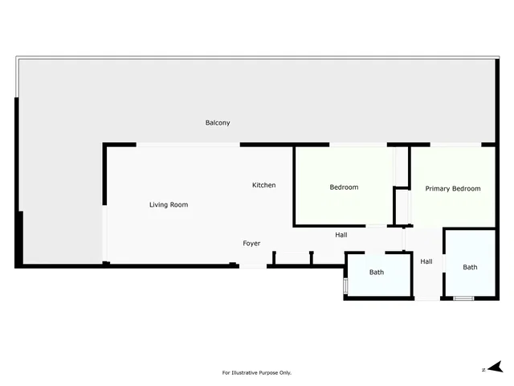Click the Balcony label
(x=218, y=123)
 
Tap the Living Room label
(x=169, y=205)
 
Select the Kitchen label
(x=264, y=185)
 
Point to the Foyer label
(x=251, y=243)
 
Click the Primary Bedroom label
(x=453, y=189)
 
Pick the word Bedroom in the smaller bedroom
(x=344, y=187)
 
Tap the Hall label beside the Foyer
(x=341, y=235)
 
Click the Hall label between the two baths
(x=426, y=261)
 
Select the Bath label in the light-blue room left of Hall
(x=377, y=272)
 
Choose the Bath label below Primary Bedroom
(x=470, y=267)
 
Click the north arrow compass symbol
(x=496, y=367)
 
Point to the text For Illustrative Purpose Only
(x=257, y=372)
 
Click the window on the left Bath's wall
(x=345, y=285)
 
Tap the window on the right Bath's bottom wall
(x=463, y=298)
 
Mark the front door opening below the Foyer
(x=253, y=266)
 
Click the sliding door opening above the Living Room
(x=188, y=145)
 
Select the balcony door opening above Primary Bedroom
(x=455, y=145)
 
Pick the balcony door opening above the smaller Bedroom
(x=358, y=145)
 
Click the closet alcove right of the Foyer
(x=292, y=258)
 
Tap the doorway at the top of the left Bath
(x=375, y=253)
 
